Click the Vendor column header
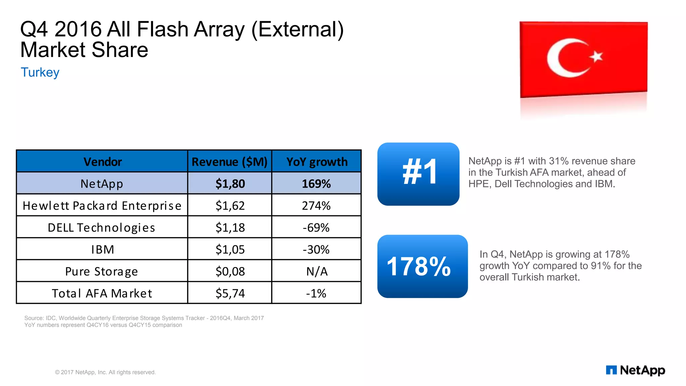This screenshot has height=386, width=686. (x=102, y=162)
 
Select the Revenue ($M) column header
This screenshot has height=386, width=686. (x=229, y=162)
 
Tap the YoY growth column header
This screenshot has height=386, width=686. (x=317, y=162)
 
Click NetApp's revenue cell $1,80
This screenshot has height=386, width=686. (x=230, y=184)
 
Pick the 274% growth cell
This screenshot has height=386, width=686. (x=316, y=205)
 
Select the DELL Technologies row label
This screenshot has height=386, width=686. (x=101, y=228)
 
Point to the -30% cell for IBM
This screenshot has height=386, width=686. (x=316, y=249)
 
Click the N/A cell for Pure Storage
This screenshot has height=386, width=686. (x=317, y=271)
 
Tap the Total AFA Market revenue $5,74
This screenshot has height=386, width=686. (x=230, y=293)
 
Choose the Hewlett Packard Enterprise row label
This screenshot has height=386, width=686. (x=102, y=205)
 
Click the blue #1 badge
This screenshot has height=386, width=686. (x=418, y=174)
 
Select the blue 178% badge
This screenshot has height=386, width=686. (x=422, y=266)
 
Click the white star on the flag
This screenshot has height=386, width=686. (x=596, y=56)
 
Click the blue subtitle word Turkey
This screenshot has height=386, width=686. (x=40, y=72)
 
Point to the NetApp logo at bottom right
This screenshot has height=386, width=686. (x=635, y=370)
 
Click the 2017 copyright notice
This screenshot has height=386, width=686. (x=105, y=372)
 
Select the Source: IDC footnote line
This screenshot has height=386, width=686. (x=144, y=318)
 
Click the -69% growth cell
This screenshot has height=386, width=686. (x=316, y=228)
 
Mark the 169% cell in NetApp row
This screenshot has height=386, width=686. (x=316, y=184)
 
